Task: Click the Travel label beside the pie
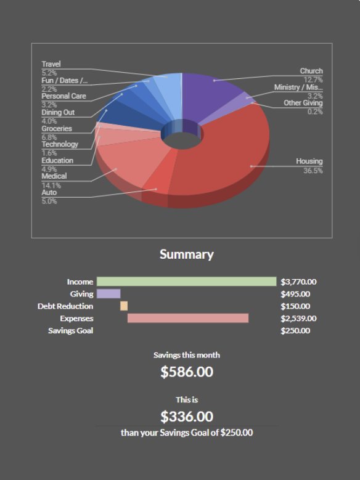(x=51, y=64)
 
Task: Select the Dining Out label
(x=58, y=113)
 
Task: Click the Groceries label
(x=57, y=129)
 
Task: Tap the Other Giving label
(x=303, y=103)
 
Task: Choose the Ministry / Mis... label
(x=298, y=87)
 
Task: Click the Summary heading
(x=186, y=254)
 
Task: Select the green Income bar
(x=186, y=282)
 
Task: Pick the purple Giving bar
(x=108, y=294)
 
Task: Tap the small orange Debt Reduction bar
(x=124, y=306)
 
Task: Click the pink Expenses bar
(x=188, y=319)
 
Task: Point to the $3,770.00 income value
(x=298, y=282)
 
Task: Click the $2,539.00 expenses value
(x=298, y=319)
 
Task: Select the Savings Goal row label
(x=71, y=331)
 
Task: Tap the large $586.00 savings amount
(x=187, y=372)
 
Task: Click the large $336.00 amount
(x=187, y=417)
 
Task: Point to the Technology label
(x=60, y=144)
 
